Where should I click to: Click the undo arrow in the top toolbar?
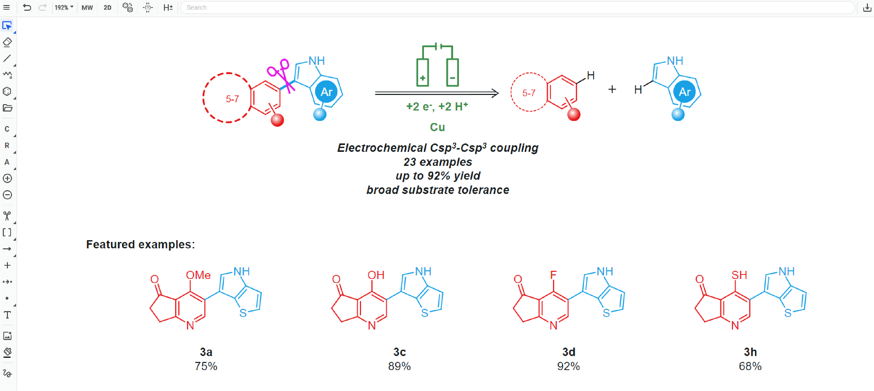point(27,7)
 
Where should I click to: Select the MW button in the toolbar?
point(87,7)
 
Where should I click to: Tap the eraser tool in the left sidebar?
point(7,42)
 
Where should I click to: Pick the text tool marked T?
point(7,315)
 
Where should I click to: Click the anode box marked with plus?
point(422,73)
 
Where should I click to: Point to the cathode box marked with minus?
point(452,73)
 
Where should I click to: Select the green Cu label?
point(437,127)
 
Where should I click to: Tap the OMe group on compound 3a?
point(198,275)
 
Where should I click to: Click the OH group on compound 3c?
point(376,275)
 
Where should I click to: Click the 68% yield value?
point(750,366)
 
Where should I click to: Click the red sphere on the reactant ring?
point(277,120)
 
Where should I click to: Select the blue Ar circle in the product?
point(684,92)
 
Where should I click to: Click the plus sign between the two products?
point(612,89)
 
